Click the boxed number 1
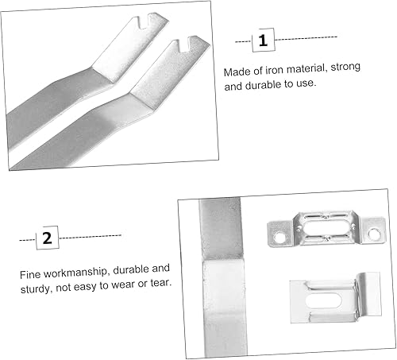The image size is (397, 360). [263, 41]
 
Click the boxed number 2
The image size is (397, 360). [48, 238]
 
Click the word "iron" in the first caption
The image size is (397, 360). [275, 70]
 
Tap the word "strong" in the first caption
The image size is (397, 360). [345, 68]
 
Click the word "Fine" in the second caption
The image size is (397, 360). [30, 275]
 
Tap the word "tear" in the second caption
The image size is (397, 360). [160, 283]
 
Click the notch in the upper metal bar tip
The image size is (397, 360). [143, 22]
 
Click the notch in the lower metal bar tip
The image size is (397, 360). [183, 45]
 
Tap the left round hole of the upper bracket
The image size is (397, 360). [279, 238]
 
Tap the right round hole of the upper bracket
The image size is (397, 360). [374, 233]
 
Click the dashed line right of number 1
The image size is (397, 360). [306, 38]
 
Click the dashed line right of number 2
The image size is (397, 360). [90, 237]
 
